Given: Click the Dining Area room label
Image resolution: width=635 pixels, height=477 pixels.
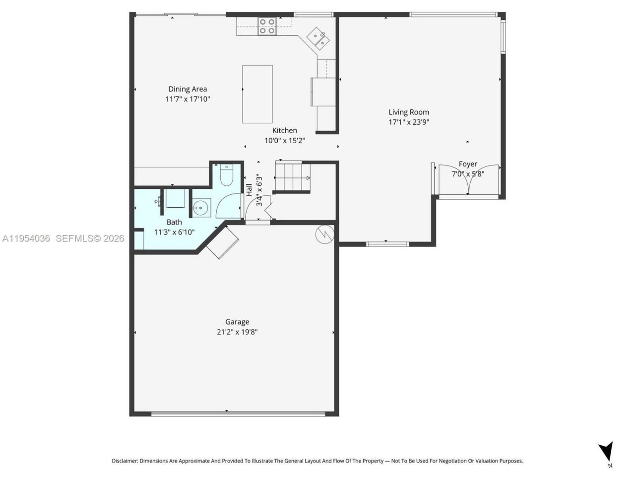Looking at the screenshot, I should (x=187, y=89).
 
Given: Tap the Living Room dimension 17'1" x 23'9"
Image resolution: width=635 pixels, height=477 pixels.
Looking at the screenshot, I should (x=408, y=122).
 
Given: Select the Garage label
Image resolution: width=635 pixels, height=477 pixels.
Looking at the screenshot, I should (x=237, y=322).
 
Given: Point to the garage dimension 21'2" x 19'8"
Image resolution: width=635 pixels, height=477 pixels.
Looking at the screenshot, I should (x=237, y=332).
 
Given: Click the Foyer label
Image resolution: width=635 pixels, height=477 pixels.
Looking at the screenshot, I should (x=467, y=164).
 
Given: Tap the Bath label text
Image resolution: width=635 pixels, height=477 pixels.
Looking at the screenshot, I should (x=174, y=222).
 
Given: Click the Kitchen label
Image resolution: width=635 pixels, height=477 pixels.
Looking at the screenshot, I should (x=284, y=131).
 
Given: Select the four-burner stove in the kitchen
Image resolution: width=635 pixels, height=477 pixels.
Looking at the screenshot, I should (x=267, y=26).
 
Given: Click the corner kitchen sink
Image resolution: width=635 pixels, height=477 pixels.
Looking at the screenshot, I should (x=318, y=39).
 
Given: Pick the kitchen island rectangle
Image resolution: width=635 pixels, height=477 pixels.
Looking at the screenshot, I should (x=257, y=94).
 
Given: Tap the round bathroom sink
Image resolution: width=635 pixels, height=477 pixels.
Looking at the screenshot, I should (x=201, y=208).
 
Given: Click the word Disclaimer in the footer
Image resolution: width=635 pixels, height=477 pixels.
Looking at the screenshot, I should (x=125, y=461).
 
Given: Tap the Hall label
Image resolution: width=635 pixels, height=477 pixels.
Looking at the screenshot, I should (x=249, y=189).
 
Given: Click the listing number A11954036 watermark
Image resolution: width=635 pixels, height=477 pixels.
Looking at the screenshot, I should (x=26, y=238).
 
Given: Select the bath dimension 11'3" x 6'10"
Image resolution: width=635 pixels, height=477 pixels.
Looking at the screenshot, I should (x=174, y=232).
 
